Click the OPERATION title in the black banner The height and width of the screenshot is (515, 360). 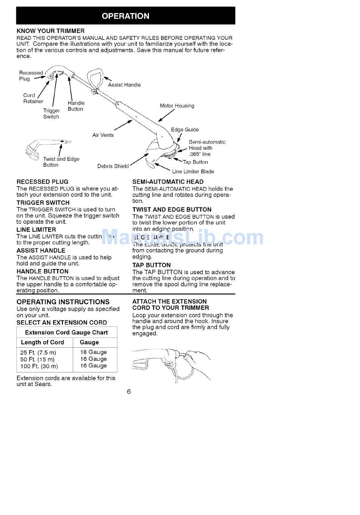pyautogui.click(x=125, y=16)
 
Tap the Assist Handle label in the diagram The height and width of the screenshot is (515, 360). pyautogui.click(x=124, y=85)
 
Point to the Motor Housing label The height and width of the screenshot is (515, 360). pyautogui.click(x=177, y=106)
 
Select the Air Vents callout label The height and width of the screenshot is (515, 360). pyautogui.click(x=103, y=135)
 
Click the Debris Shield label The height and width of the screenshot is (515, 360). pyautogui.click(x=113, y=166)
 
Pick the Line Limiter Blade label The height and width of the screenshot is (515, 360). pyautogui.click(x=193, y=171)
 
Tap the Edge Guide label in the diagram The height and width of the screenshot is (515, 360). pyautogui.click(x=185, y=130)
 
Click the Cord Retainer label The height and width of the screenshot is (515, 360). pyautogui.click(x=33, y=99)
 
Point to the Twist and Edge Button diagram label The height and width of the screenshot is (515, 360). pyautogui.click(x=61, y=162)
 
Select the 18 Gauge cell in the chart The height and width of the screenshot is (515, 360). pyautogui.click(x=94, y=352)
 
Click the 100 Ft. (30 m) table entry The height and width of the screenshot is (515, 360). pyautogui.click(x=39, y=366)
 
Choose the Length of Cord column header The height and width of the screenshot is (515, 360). pyautogui.click(x=42, y=342)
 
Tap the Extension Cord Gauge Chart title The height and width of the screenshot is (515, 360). pyautogui.click(x=66, y=332)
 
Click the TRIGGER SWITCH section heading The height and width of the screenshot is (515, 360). pyautogui.click(x=43, y=203)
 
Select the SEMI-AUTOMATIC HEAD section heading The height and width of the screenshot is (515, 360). pyautogui.click(x=168, y=182)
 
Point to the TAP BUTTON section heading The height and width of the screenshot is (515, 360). pyautogui.click(x=151, y=265)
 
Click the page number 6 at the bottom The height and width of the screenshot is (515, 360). pyautogui.click(x=129, y=391)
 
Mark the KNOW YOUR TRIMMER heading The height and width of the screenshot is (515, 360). pyautogui.click(x=50, y=31)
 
